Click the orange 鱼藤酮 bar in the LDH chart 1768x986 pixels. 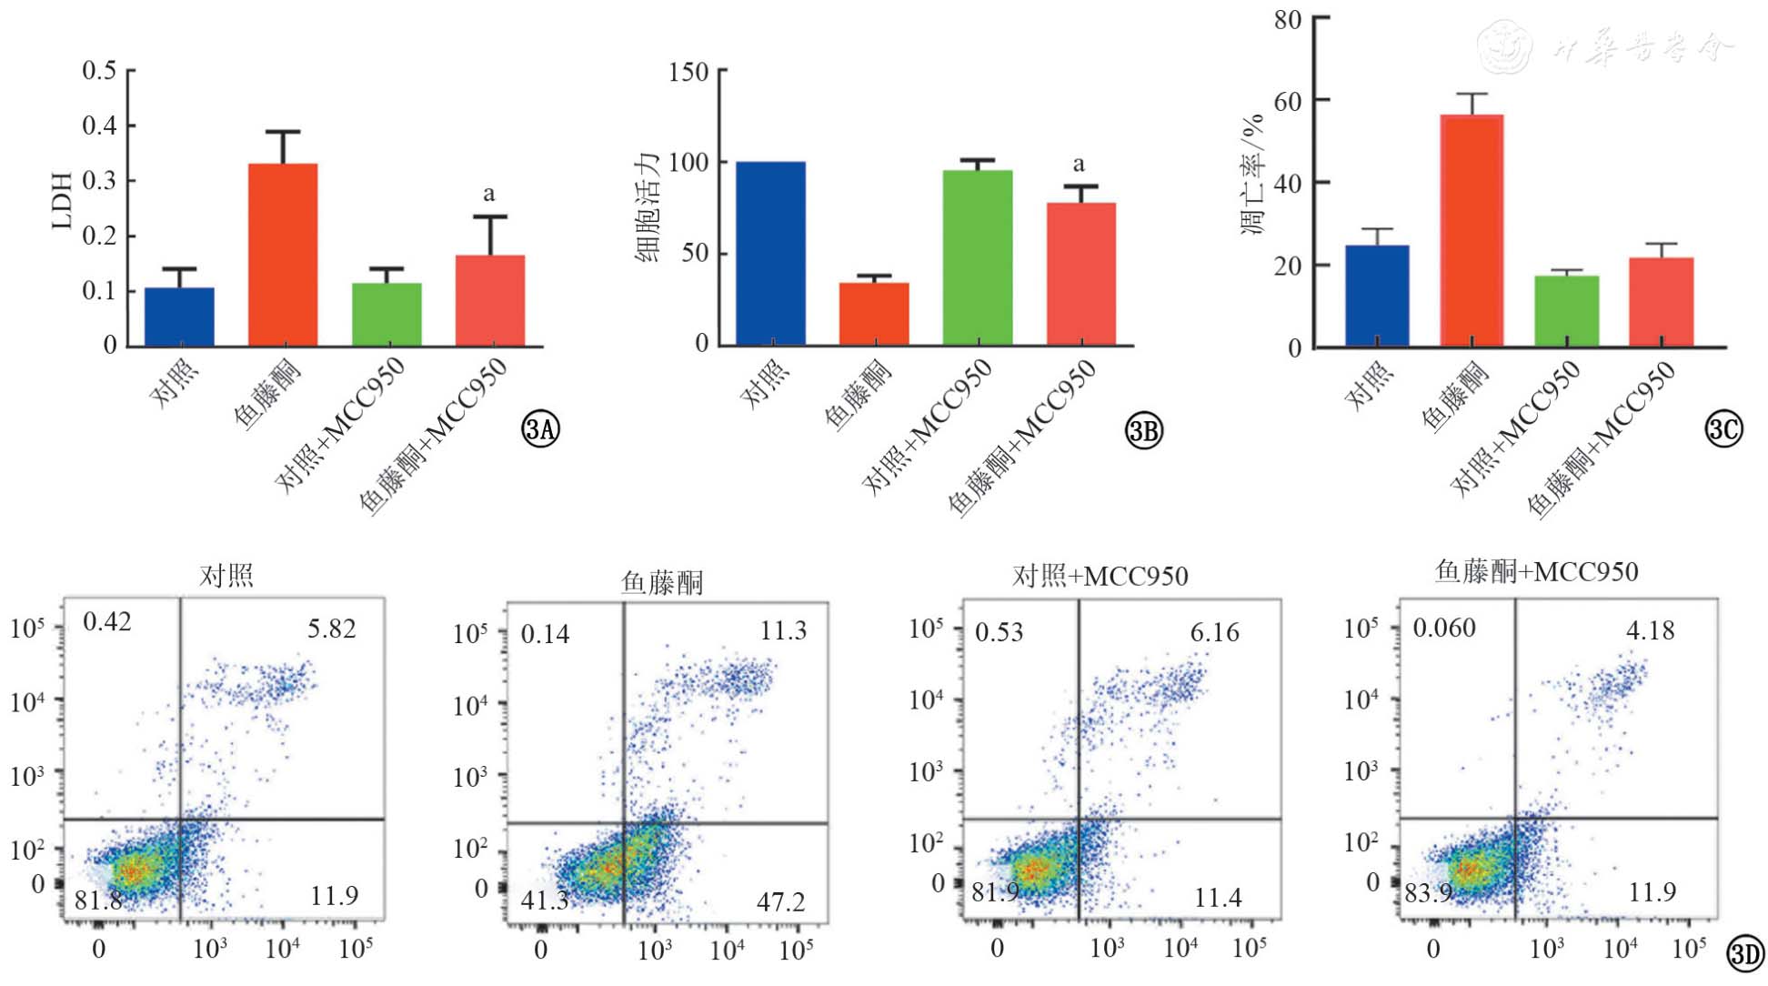coord(283,255)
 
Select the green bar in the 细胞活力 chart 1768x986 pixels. coord(978,257)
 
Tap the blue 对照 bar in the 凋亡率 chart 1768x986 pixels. coord(1377,296)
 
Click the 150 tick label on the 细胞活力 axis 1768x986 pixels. coord(688,72)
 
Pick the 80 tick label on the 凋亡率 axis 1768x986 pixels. coord(1288,19)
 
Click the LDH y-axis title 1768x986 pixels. coord(61,201)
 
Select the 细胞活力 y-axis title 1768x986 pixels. coord(648,207)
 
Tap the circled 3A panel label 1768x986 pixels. coord(540,428)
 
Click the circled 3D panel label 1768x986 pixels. coord(1745,953)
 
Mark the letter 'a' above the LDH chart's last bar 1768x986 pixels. coord(489,194)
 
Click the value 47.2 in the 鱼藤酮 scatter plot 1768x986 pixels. coord(780,901)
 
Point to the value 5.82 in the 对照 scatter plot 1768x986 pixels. coord(331,629)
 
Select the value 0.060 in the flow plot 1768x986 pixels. coord(1444,628)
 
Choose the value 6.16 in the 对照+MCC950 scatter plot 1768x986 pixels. coord(1214,632)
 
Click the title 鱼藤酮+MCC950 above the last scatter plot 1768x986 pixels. coord(1536,571)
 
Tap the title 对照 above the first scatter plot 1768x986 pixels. coord(226,575)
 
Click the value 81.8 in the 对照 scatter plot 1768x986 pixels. coord(98,900)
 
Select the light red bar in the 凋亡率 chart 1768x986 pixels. coord(1661,302)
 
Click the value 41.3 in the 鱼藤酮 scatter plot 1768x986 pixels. coord(544,901)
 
